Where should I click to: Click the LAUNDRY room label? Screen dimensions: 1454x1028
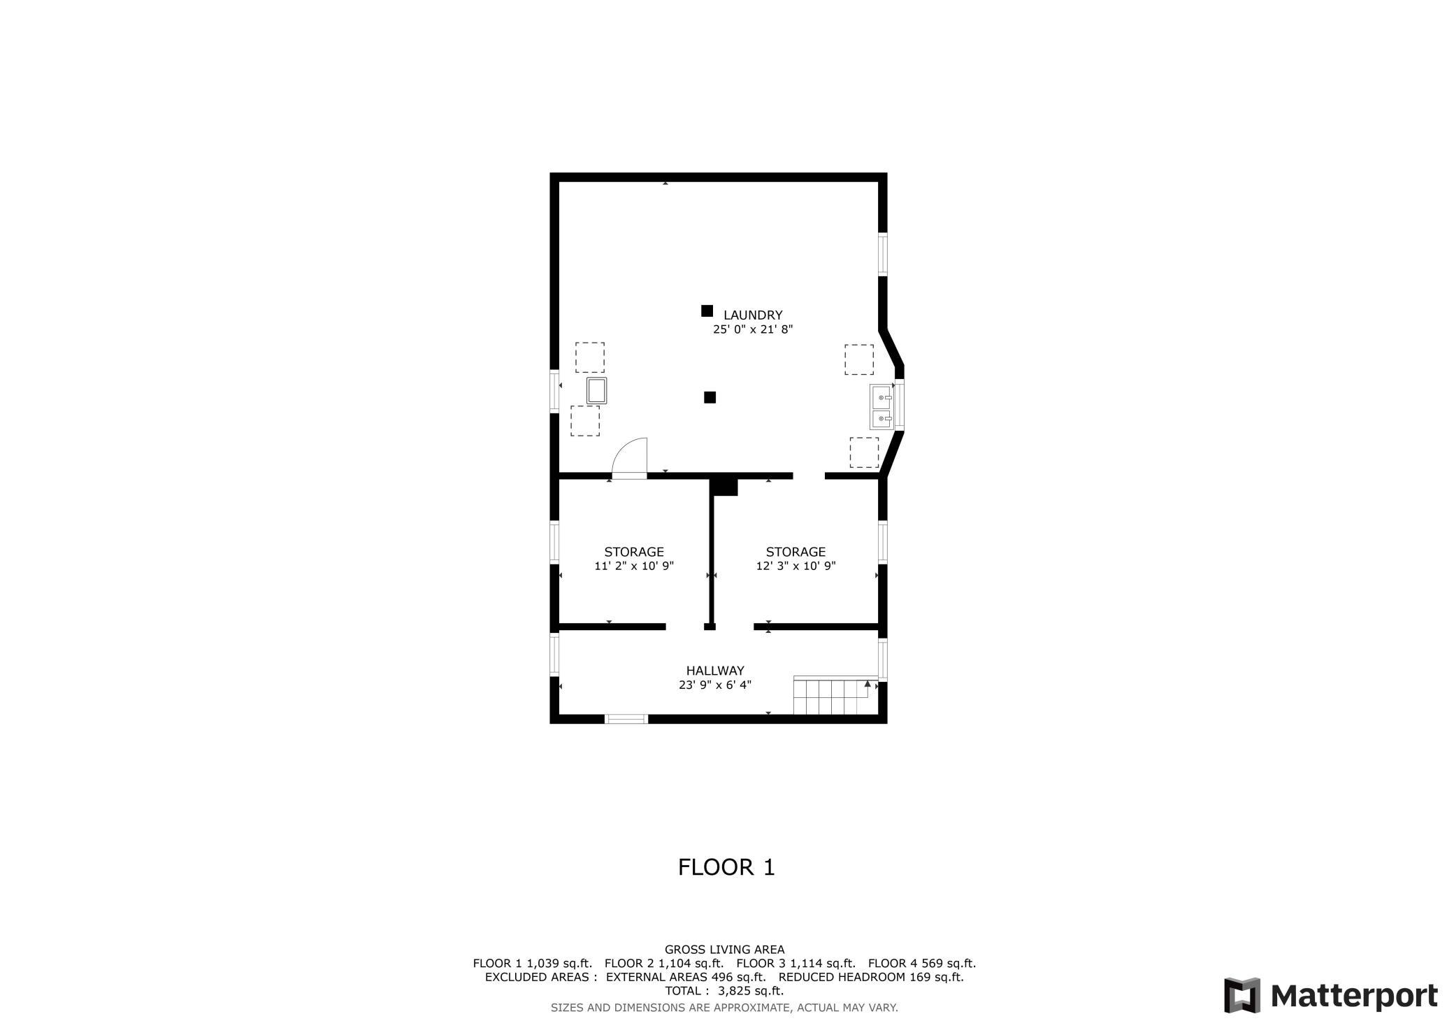(x=753, y=315)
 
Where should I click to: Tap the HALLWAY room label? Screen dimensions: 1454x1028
(x=715, y=671)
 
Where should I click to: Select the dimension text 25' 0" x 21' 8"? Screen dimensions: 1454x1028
(x=753, y=329)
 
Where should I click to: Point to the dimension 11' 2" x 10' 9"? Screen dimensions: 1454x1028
(x=634, y=566)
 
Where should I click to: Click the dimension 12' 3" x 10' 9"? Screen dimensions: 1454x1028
(x=796, y=566)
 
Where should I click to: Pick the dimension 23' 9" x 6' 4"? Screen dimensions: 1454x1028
(x=715, y=685)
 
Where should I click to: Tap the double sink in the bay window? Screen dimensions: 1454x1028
(x=881, y=406)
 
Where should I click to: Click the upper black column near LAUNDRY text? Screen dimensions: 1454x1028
(x=707, y=310)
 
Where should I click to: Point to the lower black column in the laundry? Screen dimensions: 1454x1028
(x=710, y=397)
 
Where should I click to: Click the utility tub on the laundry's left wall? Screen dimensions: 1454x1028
(x=597, y=390)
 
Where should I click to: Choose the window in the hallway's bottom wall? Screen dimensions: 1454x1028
(x=626, y=718)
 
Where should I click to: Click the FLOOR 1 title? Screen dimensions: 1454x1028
(x=726, y=867)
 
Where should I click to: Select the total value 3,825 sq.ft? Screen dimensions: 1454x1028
(x=751, y=991)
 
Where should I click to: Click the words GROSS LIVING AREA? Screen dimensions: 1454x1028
(x=725, y=950)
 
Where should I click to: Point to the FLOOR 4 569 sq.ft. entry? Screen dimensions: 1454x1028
(x=922, y=964)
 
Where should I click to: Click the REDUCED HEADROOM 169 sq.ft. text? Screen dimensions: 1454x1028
(x=871, y=978)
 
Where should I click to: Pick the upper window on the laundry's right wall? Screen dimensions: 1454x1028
(x=883, y=254)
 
